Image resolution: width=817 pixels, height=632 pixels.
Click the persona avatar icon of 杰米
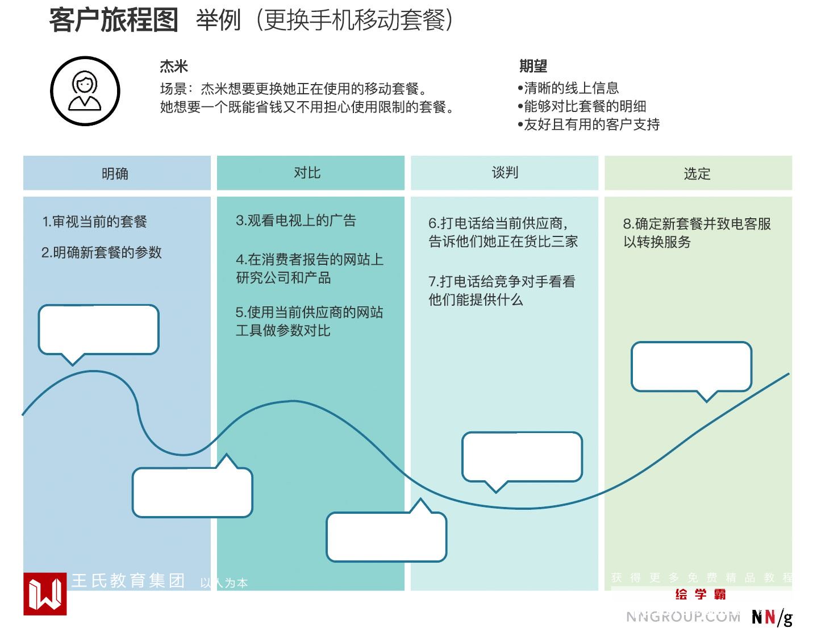tap(85, 91)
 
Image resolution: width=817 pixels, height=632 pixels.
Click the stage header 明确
tap(115, 173)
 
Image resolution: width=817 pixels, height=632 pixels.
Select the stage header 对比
tap(307, 173)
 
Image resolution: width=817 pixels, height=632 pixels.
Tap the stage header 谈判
tap(505, 173)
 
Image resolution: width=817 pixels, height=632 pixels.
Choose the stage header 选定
tap(697, 173)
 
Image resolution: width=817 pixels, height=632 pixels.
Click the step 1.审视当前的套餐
tap(94, 222)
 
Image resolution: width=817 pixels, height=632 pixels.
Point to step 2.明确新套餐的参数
tap(102, 252)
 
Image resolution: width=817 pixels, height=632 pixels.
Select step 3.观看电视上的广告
tap(296, 221)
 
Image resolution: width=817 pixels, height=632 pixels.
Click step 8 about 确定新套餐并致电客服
tap(697, 232)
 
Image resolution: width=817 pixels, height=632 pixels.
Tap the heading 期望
tap(533, 66)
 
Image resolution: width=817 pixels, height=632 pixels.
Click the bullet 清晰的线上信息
tap(568, 88)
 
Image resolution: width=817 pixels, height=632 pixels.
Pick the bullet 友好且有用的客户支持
tap(589, 124)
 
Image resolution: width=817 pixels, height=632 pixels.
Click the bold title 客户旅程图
tap(114, 20)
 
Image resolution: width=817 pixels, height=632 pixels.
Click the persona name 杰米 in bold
tap(173, 66)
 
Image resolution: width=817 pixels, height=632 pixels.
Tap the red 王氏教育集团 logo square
tap(45, 593)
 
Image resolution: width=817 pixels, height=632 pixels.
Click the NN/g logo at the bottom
tap(772, 617)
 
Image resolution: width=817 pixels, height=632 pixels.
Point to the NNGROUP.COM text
tap(683, 617)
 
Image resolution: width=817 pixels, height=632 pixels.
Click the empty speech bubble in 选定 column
tap(691, 367)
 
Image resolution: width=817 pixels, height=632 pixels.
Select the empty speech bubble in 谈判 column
tap(522, 457)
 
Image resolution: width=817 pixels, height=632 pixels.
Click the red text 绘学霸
tap(701, 594)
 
